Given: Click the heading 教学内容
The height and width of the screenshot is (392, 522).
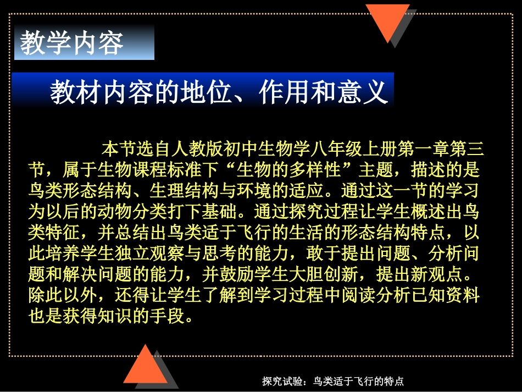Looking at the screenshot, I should coord(71,43).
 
